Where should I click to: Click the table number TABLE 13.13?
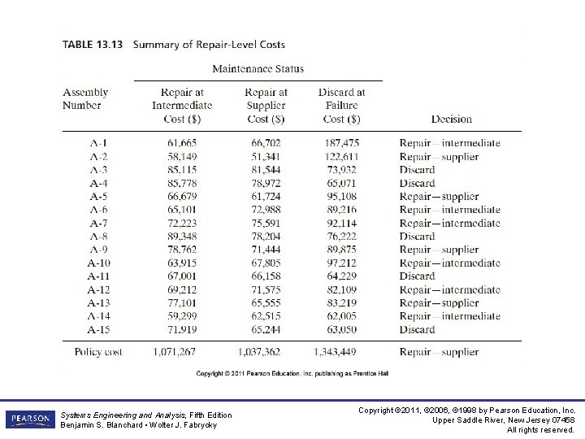click(92, 45)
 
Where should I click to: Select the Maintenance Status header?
click(258, 69)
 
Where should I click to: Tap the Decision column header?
click(451, 119)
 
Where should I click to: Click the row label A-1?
click(98, 143)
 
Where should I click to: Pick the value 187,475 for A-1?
click(341, 143)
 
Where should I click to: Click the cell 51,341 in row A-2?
click(265, 157)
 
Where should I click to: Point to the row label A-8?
click(98, 237)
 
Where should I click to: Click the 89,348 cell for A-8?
click(181, 237)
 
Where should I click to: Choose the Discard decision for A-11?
click(417, 276)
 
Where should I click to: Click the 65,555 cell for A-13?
click(265, 303)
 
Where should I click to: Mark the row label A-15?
click(98, 330)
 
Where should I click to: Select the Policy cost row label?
click(97, 352)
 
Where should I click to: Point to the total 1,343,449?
click(334, 352)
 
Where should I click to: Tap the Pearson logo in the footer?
click(29, 419)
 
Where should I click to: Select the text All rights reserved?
click(540, 429)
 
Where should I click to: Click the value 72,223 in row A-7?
click(181, 224)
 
